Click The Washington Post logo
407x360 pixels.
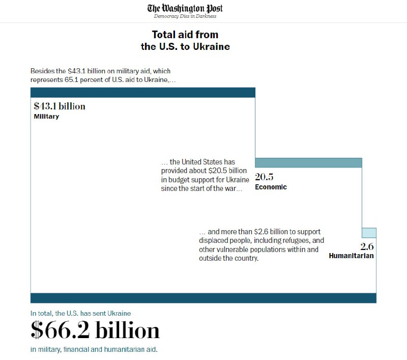click(185, 8)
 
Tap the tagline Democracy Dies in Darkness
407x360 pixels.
click(185, 16)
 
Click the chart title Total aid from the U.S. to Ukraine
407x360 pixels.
click(185, 40)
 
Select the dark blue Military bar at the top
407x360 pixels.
click(142, 92)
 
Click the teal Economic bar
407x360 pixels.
click(308, 163)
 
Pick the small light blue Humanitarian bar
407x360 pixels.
click(369, 233)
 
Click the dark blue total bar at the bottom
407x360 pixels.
click(203, 298)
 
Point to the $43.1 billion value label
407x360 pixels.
click(60, 106)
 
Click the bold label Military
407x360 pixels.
click(46, 117)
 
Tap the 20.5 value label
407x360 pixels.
click(265, 177)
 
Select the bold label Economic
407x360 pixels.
click(271, 187)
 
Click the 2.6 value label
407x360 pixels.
click(367, 247)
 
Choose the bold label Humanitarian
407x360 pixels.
click(352, 256)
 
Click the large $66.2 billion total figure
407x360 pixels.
click(95, 331)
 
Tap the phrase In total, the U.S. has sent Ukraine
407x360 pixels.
click(81, 313)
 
